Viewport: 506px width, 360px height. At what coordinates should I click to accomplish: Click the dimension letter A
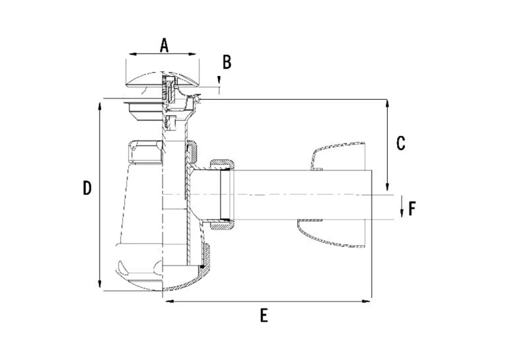point(164,45)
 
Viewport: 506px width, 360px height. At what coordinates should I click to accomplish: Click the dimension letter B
point(227,62)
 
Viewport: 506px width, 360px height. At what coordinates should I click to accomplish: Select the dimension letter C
point(400,143)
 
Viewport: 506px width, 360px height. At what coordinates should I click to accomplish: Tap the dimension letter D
point(87,188)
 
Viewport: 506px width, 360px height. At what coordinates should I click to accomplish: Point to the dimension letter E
point(264,315)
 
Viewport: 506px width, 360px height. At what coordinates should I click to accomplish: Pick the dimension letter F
point(412,208)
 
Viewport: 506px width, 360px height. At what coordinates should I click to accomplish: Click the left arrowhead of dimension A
point(133,54)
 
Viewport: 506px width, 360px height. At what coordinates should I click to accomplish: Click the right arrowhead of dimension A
point(192,54)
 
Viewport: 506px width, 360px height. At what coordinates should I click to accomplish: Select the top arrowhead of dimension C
point(387,104)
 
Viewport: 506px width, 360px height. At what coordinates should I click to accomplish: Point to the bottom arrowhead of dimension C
point(387,186)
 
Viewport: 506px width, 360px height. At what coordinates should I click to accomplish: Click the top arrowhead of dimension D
point(100,107)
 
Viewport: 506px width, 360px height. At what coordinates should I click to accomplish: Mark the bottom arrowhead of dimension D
point(100,284)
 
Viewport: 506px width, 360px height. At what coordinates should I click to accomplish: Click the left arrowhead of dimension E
point(169,301)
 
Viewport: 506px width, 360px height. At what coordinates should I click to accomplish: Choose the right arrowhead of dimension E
point(367,301)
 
